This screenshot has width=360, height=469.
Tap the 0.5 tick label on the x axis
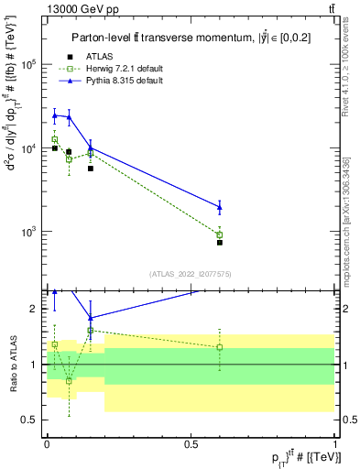(x=191, y=442)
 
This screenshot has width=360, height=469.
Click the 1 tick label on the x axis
(x=335, y=442)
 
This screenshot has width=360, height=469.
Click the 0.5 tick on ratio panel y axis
(x=31, y=420)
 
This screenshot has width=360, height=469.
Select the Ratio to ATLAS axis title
(x=12, y=364)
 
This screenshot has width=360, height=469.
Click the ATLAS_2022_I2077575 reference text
(x=191, y=273)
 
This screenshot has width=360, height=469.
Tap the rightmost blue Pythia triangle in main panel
(x=219, y=207)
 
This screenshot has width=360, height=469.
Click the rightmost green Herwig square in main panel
(x=219, y=234)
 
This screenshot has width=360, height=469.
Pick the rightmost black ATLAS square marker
(x=219, y=243)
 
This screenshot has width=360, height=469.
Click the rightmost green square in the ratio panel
(x=219, y=347)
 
